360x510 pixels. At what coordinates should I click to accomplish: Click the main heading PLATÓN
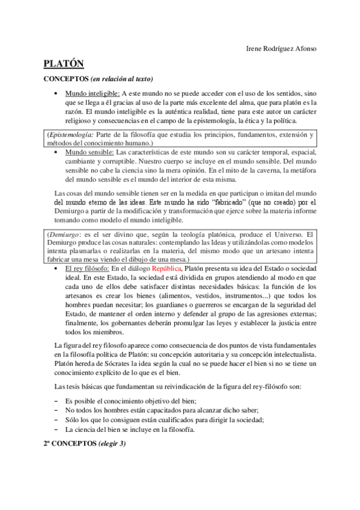tap(64, 64)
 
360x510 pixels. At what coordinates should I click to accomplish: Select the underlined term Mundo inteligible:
tap(93, 94)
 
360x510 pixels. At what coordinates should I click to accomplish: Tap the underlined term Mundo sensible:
tap(89, 153)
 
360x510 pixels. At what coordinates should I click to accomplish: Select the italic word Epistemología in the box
tap(71, 135)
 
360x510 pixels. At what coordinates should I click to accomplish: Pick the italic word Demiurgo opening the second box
tap(64, 234)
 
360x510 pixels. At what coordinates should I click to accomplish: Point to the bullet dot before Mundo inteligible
tap(55, 94)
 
